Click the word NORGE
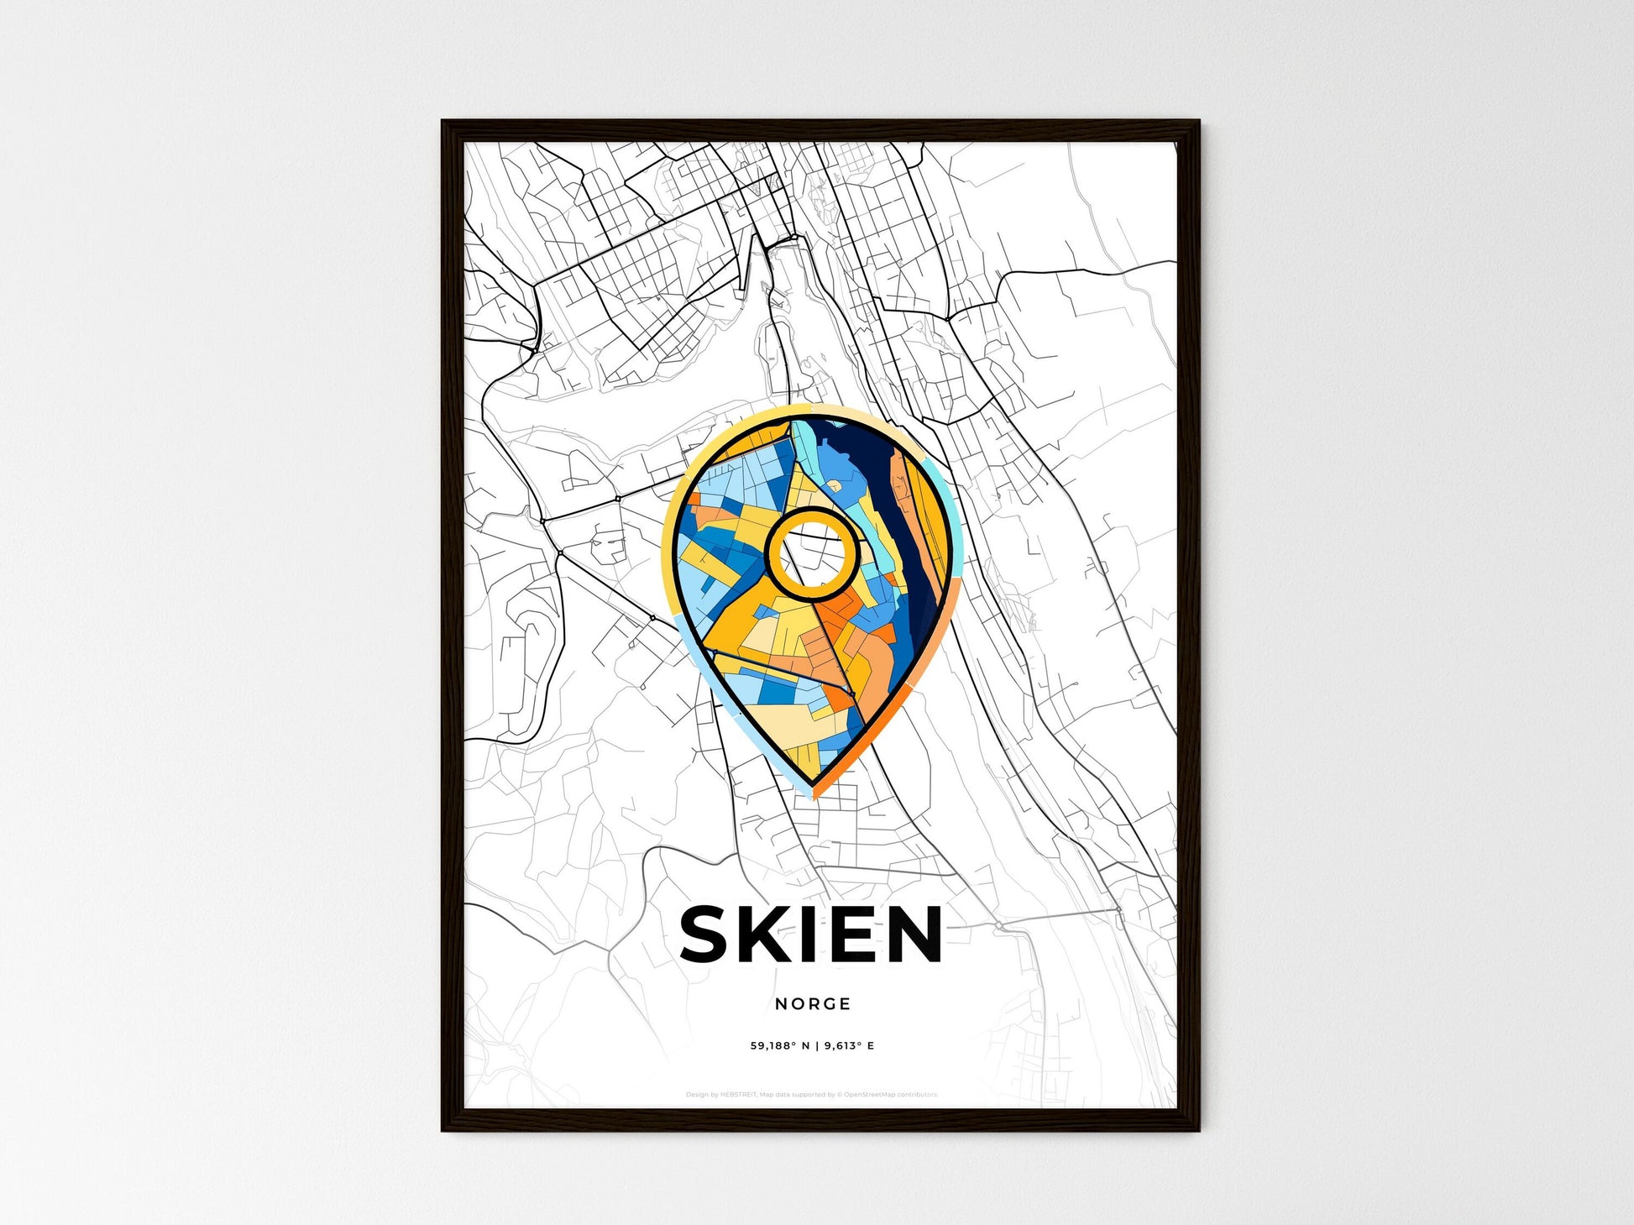[x=813, y=1003]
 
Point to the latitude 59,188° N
[x=780, y=1046]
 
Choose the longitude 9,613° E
[x=849, y=1046]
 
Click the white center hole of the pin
[x=812, y=554]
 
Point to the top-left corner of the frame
[x=443, y=122]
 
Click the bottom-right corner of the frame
[x=1198, y=1130]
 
